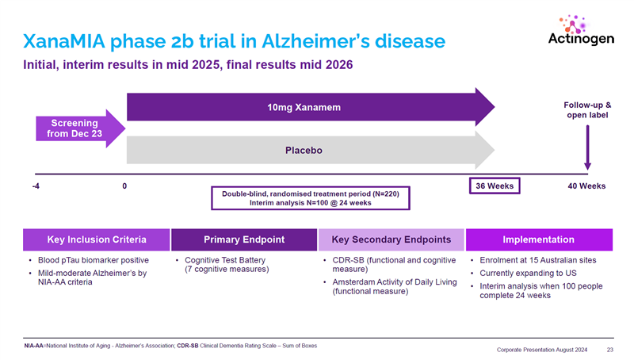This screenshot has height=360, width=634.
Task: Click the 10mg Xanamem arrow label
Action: [x=300, y=107]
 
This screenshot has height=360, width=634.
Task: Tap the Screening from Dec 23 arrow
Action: [x=75, y=128]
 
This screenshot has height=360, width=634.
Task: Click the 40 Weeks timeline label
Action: [x=587, y=186]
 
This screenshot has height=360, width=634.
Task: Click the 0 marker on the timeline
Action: [x=125, y=186]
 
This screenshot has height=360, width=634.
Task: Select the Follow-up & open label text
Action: [x=586, y=111]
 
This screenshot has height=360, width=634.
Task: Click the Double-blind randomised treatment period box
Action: [x=310, y=197]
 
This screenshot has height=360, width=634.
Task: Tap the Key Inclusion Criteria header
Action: [x=95, y=239]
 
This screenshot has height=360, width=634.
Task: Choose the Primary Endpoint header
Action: [x=243, y=239]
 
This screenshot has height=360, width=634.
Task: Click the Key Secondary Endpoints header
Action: [x=391, y=239]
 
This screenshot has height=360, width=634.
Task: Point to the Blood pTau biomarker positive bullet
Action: [x=92, y=259]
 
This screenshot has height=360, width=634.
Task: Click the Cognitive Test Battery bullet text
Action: [x=225, y=259]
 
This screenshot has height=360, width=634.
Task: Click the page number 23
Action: [x=610, y=349]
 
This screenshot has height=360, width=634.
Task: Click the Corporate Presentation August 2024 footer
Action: [x=544, y=349]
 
